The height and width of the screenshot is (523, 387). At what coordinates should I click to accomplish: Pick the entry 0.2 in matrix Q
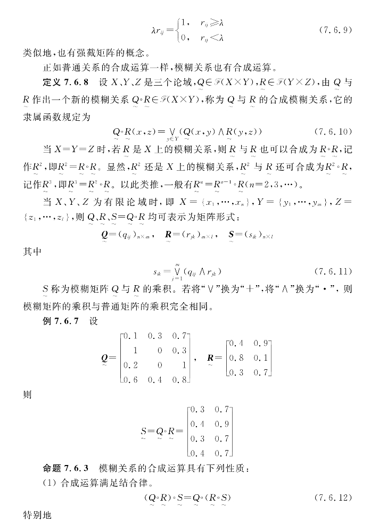[x=131, y=365]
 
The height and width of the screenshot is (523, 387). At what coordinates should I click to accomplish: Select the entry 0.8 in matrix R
[x=237, y=358]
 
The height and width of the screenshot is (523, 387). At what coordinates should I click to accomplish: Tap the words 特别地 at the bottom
[x=38, y=516]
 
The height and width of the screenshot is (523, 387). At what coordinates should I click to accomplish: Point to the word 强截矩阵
[x=105, y=53]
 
